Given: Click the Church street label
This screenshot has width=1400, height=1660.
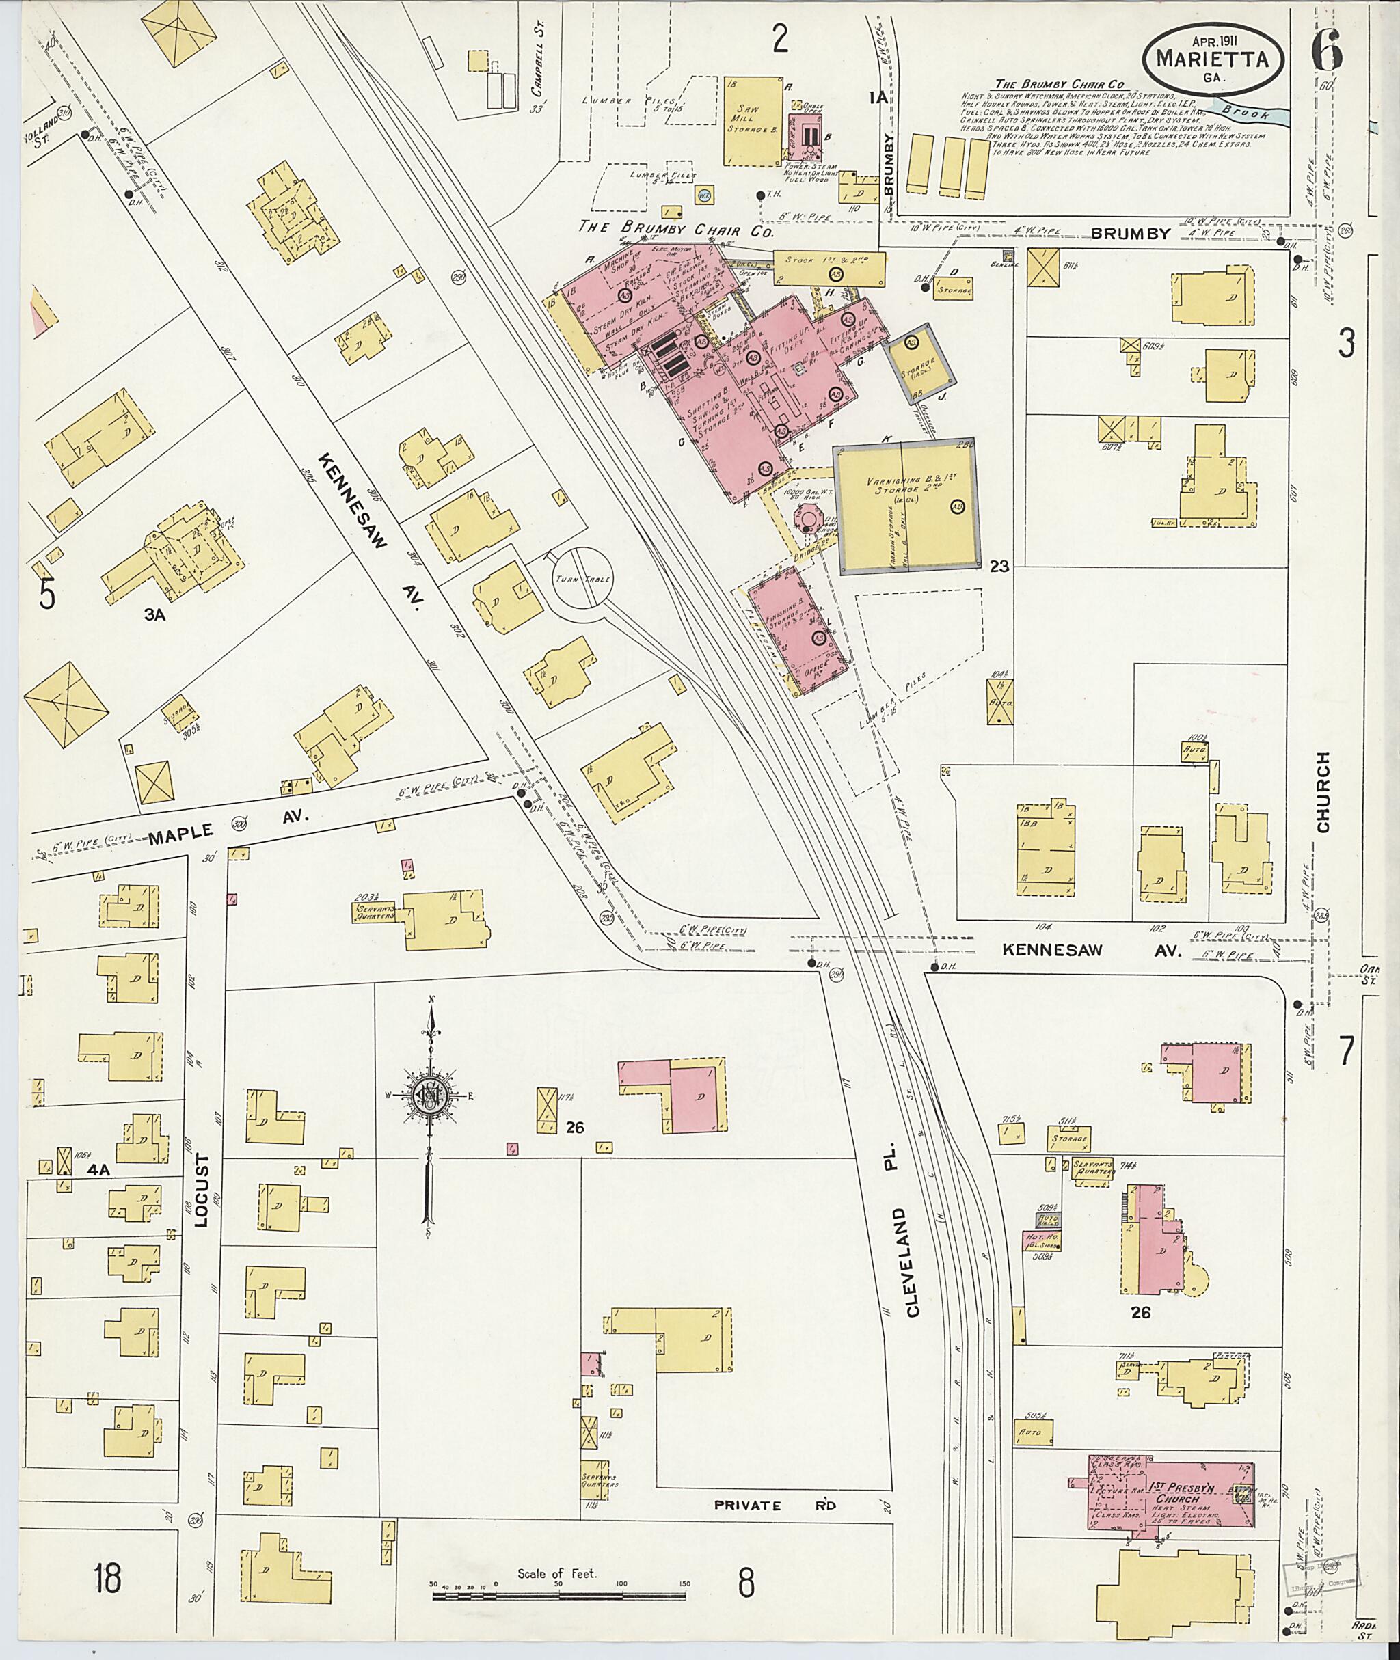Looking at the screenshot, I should point(1322,793).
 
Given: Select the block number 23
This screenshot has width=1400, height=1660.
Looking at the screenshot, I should point(999,567).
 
